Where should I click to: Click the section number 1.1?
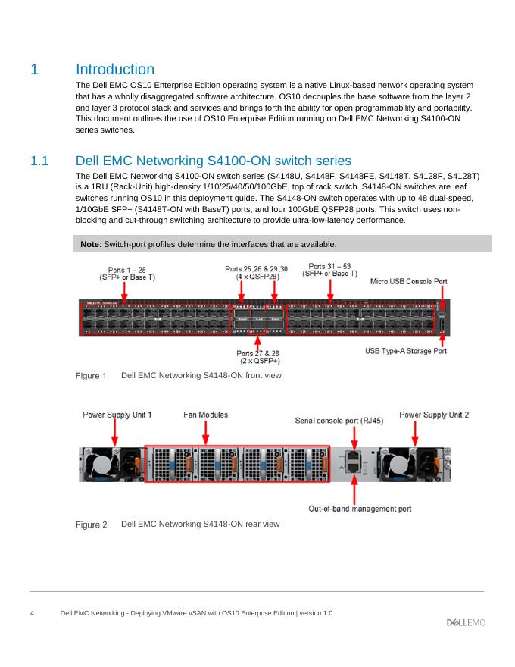(x=39, y=161)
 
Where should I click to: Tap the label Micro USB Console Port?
(x=408, y=281)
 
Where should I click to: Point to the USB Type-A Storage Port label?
(x=406, y=351)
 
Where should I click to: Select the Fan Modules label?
(x=205, y=415)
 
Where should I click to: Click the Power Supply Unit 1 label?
(x=117, y=415)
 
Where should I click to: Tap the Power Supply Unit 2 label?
(x=434, y=415)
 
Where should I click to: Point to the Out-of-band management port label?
(x=360, y=509)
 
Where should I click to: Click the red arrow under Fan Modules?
(x=205, y=432)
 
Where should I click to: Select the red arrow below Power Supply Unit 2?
(x=414, y=433)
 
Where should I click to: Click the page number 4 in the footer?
(x=32, y=612)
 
